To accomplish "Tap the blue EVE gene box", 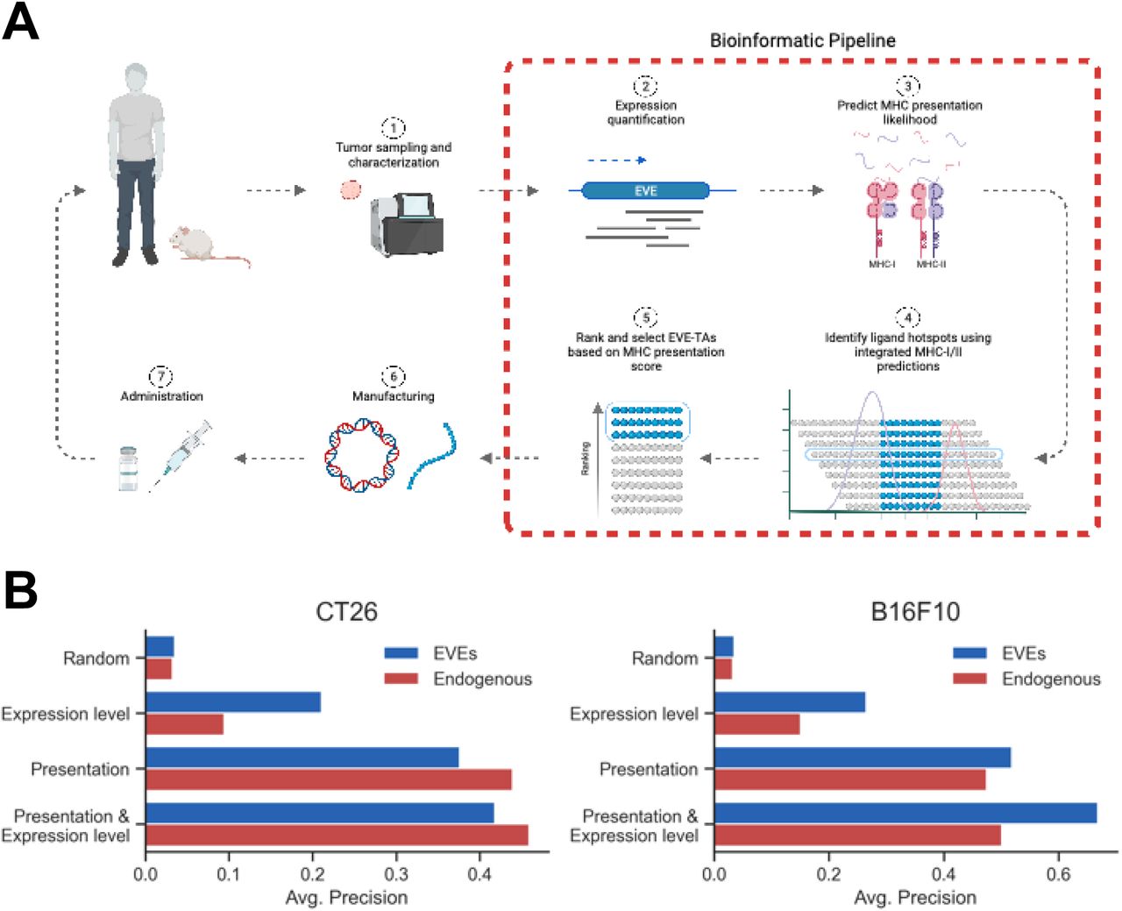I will point(645,190).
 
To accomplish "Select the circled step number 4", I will point(907,317).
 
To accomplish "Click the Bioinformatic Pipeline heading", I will point(802,40).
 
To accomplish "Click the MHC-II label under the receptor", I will point(931,264).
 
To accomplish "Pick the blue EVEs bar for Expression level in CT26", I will point(232,702).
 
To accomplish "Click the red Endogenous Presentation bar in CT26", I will point(328,779).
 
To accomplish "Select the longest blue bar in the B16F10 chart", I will point(905,813).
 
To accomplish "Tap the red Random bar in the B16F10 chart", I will point(723,669).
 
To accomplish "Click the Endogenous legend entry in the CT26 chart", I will point(481,679).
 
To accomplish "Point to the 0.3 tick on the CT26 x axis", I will point(396,873).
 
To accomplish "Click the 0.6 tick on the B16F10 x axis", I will point(1058,873).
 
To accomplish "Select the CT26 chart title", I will point(346,611).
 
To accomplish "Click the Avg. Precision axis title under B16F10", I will point(915,897).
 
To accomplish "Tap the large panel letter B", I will point(21,590).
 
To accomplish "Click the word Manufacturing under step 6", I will point(393,396).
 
